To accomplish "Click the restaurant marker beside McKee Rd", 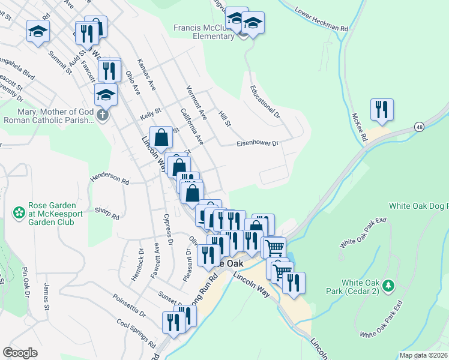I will coord(382,110).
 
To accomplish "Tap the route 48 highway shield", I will coord(418,127).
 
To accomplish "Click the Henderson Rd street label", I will coord(109,179).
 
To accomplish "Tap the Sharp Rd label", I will coord(107,212).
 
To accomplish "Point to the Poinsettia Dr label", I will coord(129,305).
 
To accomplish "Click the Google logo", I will coord(20,353).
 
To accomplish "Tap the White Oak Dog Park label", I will coord(418,206).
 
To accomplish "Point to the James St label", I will coord(46,298).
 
